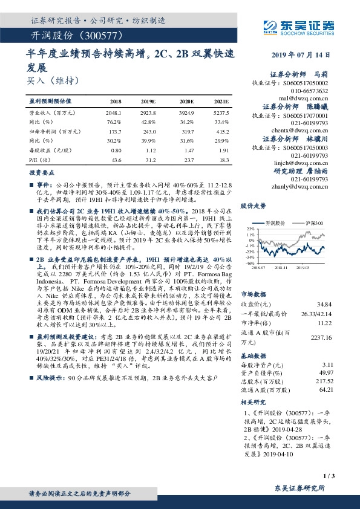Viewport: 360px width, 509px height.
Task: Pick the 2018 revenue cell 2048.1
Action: click(113, 113)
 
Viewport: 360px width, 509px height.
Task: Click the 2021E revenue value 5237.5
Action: click(221, 113)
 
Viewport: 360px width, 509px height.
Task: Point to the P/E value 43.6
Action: click(116, 159)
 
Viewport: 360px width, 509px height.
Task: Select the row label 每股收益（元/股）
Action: click(48, 150)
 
